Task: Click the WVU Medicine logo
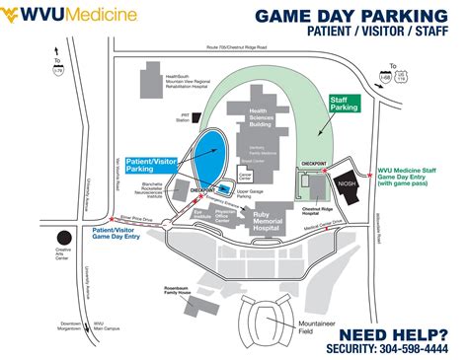pos(65,17)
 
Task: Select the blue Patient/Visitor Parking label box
pos(151,164)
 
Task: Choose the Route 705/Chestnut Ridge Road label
pos(255,45)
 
